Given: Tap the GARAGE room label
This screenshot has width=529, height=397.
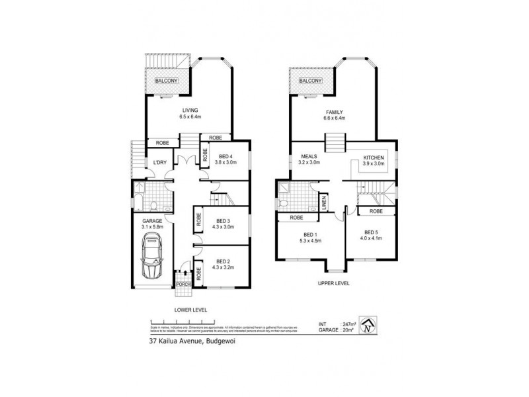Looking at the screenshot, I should click(x=152, y=222).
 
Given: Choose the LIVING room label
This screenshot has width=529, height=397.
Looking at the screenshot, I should click(x=189, y=110).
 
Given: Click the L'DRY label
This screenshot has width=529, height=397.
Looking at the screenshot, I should click(x=159, y=163).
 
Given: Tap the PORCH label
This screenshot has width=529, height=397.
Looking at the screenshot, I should click(x=183, y=285).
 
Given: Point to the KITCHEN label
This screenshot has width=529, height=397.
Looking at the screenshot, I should click(x=374, y=157).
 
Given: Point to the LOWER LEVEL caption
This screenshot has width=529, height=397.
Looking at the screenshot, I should click(x=190, y=309).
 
